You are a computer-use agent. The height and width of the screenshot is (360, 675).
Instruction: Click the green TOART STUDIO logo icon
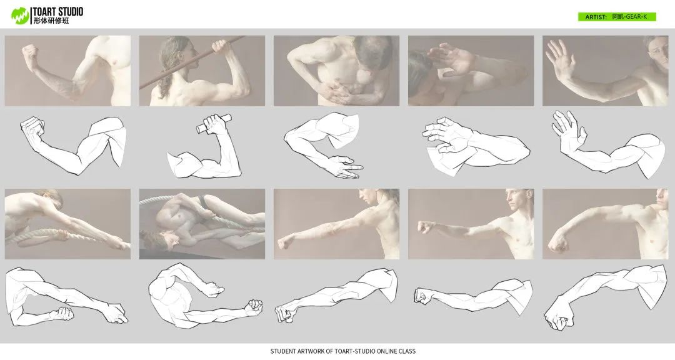tap(20, 16)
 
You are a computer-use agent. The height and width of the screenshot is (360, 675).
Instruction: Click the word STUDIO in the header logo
tap(68, 12)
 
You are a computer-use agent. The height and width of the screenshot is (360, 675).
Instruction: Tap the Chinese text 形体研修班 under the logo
tap(51, 21)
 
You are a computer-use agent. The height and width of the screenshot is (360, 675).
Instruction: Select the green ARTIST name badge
tap(616, 17)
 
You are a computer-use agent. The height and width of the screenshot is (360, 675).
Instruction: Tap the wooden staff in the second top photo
tap(192, 62)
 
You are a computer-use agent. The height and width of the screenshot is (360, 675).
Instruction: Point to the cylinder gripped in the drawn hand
tap(214, 123)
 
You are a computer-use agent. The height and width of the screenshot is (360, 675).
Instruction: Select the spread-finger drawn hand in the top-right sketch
tap(568, 130)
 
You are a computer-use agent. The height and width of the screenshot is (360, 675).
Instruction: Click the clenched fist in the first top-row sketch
tap(32, 127)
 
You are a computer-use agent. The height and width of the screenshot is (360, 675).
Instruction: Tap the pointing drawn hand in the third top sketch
tap(344, 167)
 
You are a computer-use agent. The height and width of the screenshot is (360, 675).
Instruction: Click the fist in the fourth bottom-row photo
tap(425, 226)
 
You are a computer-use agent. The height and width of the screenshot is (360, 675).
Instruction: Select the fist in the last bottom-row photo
tap(559, 244)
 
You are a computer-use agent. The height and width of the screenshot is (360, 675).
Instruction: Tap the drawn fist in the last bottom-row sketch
tap(558, 319)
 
